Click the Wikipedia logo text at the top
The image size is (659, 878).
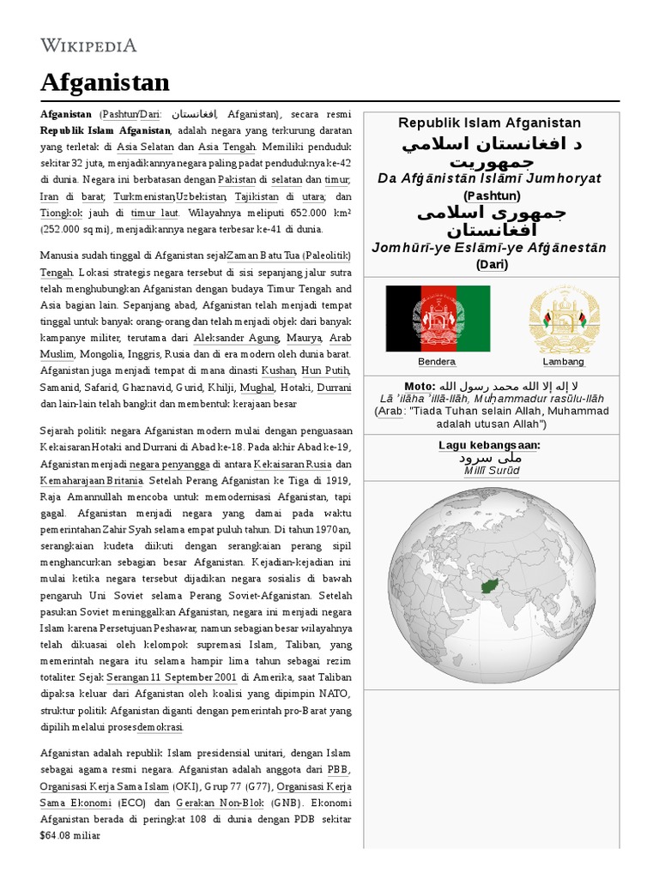(x=88, y=45)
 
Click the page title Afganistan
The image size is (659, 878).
(x=105, y=82)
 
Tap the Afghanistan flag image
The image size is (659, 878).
(x=438, y=319)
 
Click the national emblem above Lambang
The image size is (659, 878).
(x=563, y=319)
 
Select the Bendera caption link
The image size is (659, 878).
(x=437, y=362)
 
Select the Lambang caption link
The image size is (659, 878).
(x=563, y=362)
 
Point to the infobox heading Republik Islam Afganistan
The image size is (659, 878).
(x=491, y=123)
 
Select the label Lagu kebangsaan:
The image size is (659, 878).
(x=491, y=446)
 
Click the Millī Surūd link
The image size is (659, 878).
(x=491, y=471)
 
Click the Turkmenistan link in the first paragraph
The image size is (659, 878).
(x=145, y=196)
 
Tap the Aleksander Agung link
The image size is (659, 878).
(x=236, y=339)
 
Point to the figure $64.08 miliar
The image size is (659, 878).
(x=70, y=835)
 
